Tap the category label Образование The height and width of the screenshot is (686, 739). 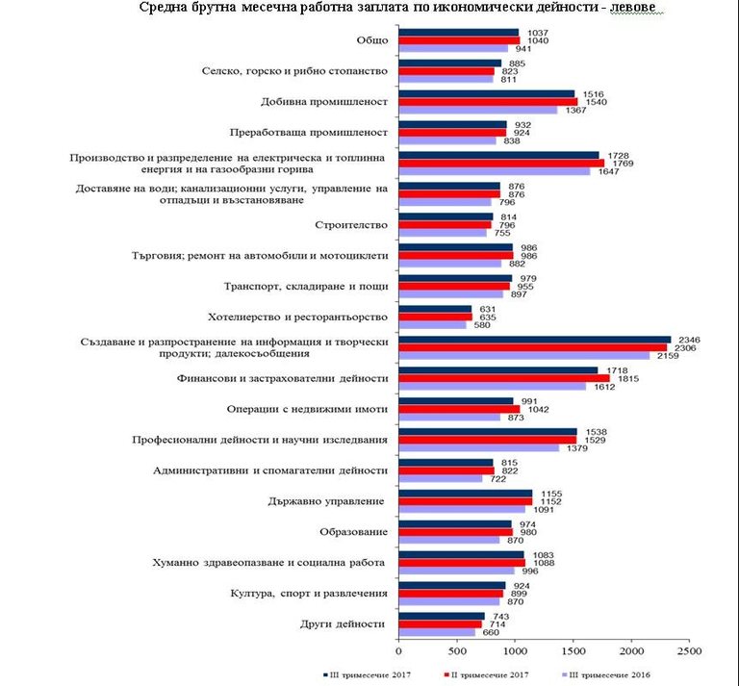(354, 532)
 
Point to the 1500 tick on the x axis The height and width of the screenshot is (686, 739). (573, 651)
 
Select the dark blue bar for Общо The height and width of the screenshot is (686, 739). (459, 32)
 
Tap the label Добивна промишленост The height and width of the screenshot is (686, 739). (324, 102)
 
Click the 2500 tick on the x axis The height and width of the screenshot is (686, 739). (690, 651)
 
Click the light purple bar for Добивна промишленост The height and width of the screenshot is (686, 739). (478, 111)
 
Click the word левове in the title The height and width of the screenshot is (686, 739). (639, 9)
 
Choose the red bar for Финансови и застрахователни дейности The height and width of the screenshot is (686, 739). (504, 378)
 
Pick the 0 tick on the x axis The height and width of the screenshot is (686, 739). (399, 651)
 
